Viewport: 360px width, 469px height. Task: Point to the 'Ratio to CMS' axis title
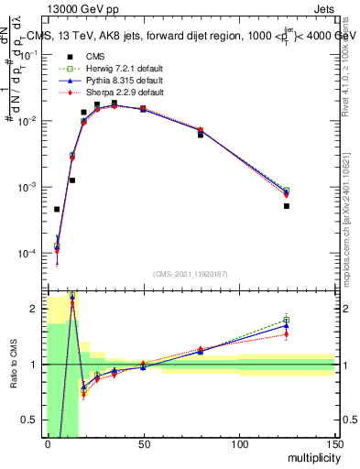pyautogui.click(x=13, y=378)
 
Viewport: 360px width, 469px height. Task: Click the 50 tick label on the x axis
pyautogui.click(x=143, y=444)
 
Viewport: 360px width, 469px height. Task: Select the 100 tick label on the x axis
pyautogui.click(x=239, y=444)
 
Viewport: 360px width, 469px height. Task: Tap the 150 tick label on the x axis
pyautogui.click(x=333, y=444)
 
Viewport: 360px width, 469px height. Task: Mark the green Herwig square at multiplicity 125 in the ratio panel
pyautogui.click(x=287, y=320)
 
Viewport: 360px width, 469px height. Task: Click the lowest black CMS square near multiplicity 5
pyautogui.click(x=57, y=210)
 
